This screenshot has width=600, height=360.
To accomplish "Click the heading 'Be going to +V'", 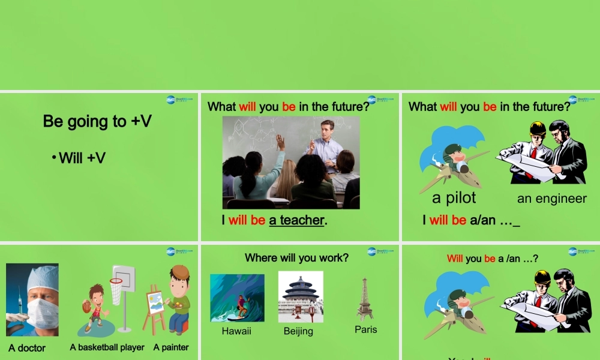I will pyautogui.click(x=97, y=121).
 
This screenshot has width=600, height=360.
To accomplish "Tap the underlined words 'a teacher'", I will pyautogui.click(x=296, y=220).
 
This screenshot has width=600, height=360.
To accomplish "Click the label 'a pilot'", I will pyautogui.click(x=454, y=198).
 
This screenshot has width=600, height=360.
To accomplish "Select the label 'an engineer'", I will pyautogui.click(x=552, y=199).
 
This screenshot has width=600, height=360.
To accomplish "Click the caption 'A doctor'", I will pyautogui.click(x=27, y=348).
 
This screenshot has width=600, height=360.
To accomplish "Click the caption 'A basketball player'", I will pyautogui.click(x=107, y=347).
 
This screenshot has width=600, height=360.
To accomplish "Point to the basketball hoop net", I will pyautogui.click(x=116, y=292).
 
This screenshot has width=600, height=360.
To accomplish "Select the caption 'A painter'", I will pyautogui.click(x=171, y=347).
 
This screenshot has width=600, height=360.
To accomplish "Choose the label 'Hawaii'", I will pyautogui.click(x=236, y=331).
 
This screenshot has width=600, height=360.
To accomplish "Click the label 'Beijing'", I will pyautogui.click(x=298, y=331).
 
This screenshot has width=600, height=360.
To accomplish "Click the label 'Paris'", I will pyautogui.click(x=366, y=329).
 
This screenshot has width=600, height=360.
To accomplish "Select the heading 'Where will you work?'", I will pyautogui.click(x=296, y=257).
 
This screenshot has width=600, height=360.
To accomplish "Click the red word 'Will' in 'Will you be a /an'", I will pyautogui.click(x=455, y=259).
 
